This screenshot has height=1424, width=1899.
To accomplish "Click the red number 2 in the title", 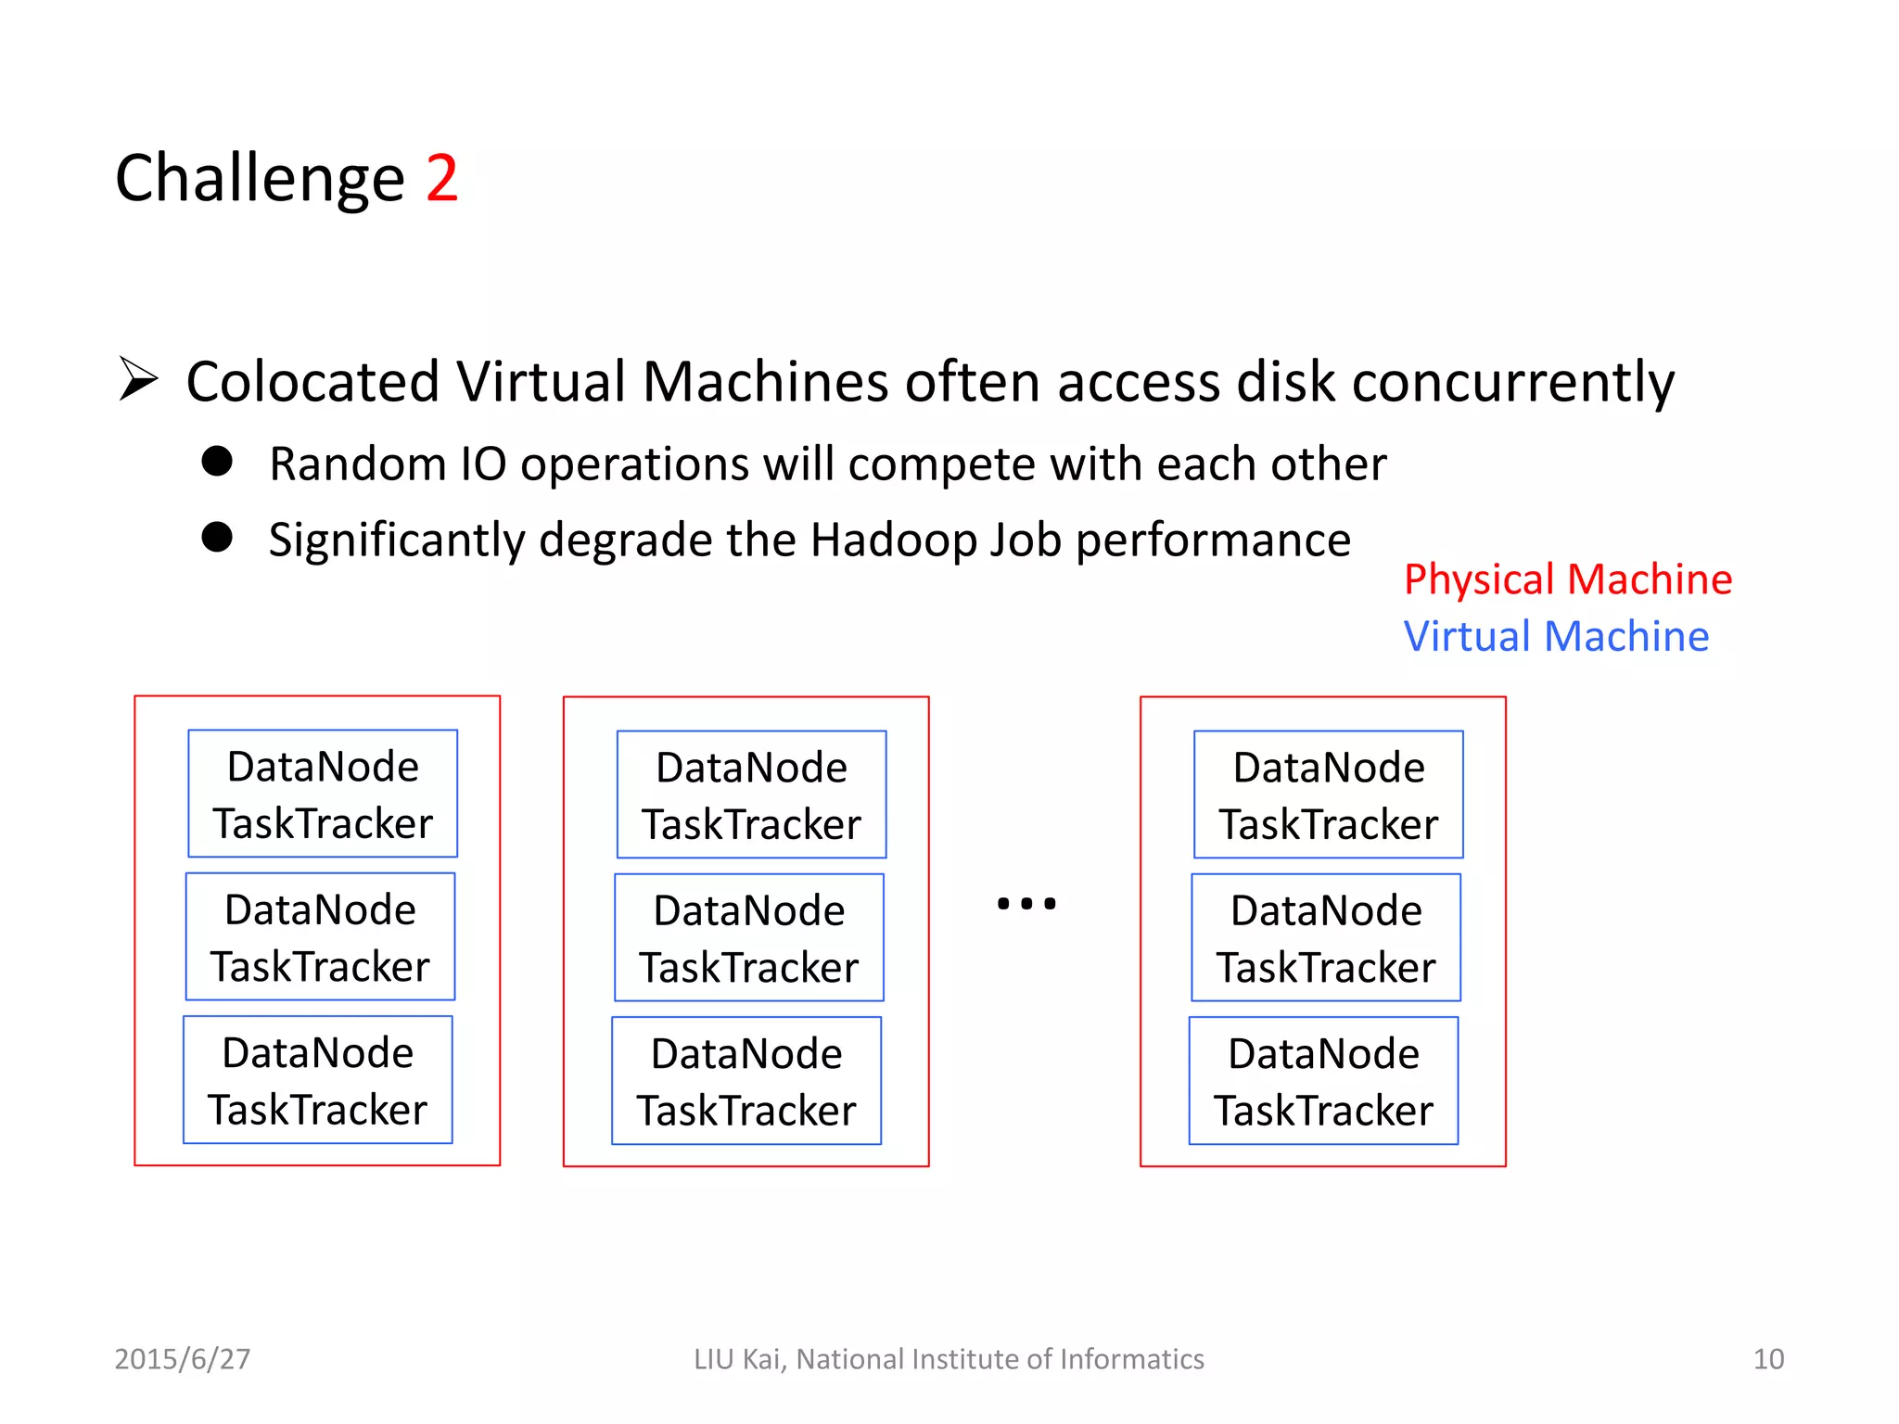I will (x=441, y=178).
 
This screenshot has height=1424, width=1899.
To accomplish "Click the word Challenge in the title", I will (x=260, y=178).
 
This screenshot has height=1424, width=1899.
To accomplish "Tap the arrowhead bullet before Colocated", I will (x=139, y=379).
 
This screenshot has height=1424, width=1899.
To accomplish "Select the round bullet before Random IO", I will (x=217, y=461).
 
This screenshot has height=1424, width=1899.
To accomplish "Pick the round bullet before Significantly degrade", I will (x=217, y=537).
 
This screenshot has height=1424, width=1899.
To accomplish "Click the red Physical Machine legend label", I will (x=1567, y=579).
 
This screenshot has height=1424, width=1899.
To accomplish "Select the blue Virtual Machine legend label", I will (x=1556, y=637).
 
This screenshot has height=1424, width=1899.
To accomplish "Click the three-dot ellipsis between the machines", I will (x=1026, y=903).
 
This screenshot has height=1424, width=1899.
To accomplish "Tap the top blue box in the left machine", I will (x=323, y=794).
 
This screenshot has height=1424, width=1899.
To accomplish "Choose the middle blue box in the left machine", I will (x=320, y=936).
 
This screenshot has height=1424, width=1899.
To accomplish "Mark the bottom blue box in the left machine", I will (x=318, y=1080).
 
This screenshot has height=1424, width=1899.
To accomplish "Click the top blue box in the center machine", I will (x=751, y=795).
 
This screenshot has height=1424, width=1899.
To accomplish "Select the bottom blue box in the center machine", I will (x=746, y=1081).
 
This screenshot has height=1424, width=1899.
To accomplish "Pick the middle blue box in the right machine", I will (x=1326, y=937).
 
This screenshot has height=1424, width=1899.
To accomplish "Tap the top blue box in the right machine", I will (x=1329, y=795).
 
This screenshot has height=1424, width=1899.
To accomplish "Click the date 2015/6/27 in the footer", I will (x=183, y=1359).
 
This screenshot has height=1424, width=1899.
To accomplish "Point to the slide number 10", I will (x=1768, y=1359).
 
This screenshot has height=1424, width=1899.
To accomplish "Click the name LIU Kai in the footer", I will (x=739, y=1359).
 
